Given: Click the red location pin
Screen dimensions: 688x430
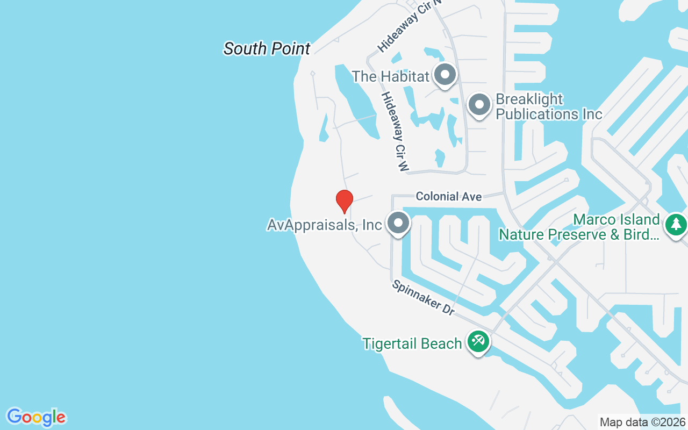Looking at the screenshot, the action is pyautogui.click(x=344, y=201).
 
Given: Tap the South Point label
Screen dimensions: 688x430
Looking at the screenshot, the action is pyautogui.click(x=267, y=49).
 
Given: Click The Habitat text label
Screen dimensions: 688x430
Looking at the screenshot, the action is pyautogui.click(x=391, y=76).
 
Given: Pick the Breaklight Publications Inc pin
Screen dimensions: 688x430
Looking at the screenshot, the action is pyautogui.click(x=479, y=105).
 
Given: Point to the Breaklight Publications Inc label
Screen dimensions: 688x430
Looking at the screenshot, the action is pyautogui.click(x=548, y=107).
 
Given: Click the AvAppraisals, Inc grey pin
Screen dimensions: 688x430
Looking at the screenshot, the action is pyautogui.click(x=398, y=223).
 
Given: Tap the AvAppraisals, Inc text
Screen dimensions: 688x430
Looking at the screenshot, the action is pyautogui.click(x=324, y=225).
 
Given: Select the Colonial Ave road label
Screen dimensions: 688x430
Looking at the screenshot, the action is pyautogui.click(x=449, y=197).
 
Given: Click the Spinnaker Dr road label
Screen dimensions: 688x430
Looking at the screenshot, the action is pyautogui.click(x=424, y=297).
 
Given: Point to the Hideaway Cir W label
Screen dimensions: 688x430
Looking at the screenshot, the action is pyautogui.click(x=395, y=131).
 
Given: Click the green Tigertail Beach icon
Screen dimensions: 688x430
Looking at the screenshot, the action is pyautogui.click(x=478, y=341).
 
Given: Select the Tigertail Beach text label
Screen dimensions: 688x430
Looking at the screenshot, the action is pyautogui.click(x=412, y=343).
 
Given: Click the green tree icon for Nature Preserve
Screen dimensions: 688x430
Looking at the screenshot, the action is pyautogui.click(x=676, y=224).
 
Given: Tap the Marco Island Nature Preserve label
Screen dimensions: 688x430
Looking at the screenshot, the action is pyautogui.click(x=579, y=227).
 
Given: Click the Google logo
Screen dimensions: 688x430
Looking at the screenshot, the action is pyautogui.click(x=37, y=417).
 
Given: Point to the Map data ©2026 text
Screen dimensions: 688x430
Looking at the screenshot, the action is pyautogui.click(x=643, y=422).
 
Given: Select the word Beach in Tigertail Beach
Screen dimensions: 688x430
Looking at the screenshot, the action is pyautogui.click(x=441, y=343).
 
